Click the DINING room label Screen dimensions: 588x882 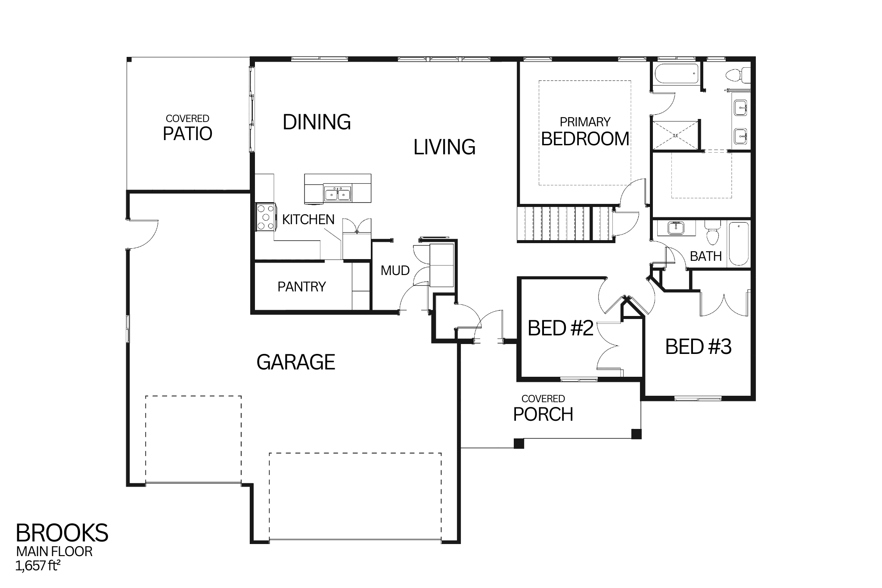click(x=317, y=122)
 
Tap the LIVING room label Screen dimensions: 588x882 click(x=444, y=147)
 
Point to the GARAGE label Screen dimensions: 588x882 click(x=295, y=362)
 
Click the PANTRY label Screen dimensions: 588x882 click(x=301, y=287)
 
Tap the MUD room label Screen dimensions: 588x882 click(x=395, y=271)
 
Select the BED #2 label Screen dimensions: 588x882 click(x=560, y=328)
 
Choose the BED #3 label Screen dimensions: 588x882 click(x=698, y=347)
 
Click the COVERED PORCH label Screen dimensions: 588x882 click(x=543, y=409)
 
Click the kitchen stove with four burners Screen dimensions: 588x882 click(x=265, y=217)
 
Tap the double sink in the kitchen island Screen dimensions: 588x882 click(x=338, y=194)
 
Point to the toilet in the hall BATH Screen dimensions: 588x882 click(x=712, y=233)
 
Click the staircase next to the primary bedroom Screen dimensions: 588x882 click(x=564, y=224)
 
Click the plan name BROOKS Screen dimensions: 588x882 click(x=62, y=533)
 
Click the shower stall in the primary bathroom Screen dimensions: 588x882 click(x=675, y=135)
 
